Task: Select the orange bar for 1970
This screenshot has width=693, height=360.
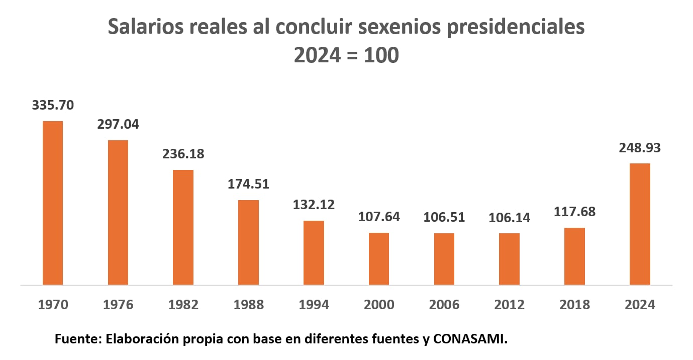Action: pyautogui.click(x=53, y=203)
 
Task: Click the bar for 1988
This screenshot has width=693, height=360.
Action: pyautogui.click(x=248, y=242)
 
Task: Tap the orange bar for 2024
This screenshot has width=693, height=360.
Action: pyautogui.click(x=640, y=224)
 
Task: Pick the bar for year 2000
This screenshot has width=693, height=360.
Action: pyautogui.click(x=379, y=259)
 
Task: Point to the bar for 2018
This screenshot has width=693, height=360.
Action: pyautogui.click(x=574, y=256)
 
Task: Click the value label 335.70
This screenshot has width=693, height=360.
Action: pyautogui.click(x=53, y=106)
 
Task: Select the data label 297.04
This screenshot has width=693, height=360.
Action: pyautogui.click(x=118, y=124)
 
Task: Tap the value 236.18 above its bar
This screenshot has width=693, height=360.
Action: pyautogui.click(x=183, y=153)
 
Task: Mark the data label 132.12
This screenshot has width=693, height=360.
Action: pyautogui.click(x=314, y=205)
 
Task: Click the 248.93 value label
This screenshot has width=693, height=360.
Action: pyautogui.click(x=640, y=148)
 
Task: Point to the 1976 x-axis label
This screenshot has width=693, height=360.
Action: pyautogui.click(x=118, y=305)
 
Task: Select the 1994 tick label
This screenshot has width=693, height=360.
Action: pyautogui.click(x=314, y=305)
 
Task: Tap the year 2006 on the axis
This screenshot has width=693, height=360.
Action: pyautogui.click(x=444, y=305)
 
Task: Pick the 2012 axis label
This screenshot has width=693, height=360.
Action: pyautogui.click(x=509, y=305)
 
